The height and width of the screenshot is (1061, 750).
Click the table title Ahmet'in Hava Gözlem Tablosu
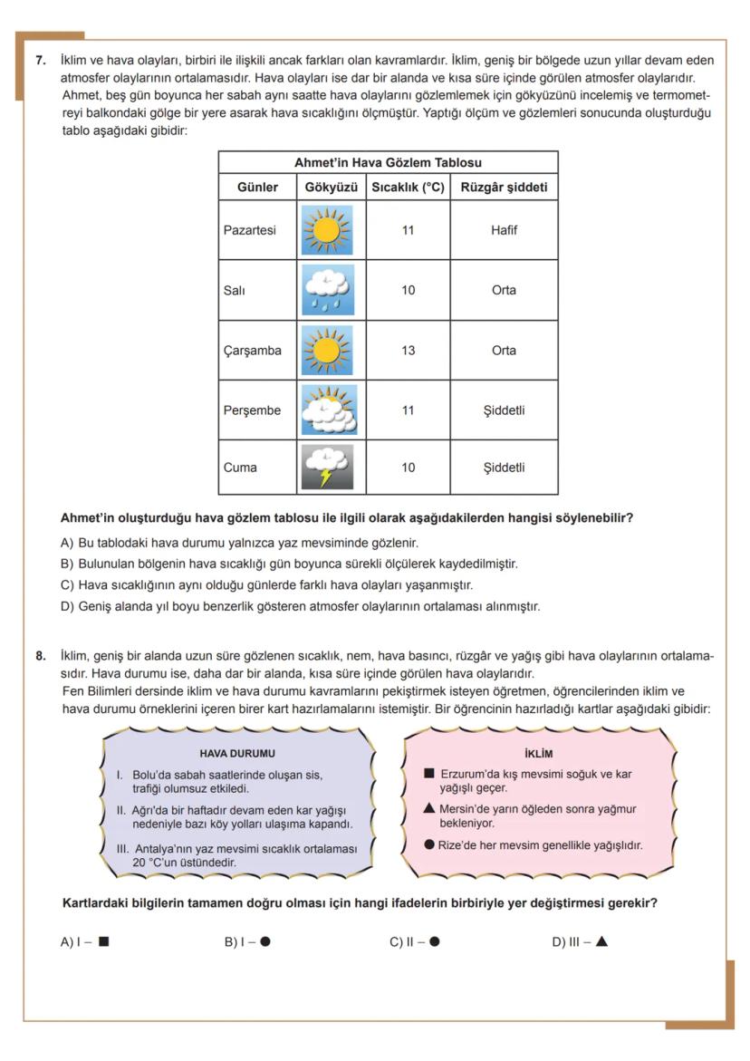pos(388,163)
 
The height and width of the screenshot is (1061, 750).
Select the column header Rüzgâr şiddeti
pos(504,188)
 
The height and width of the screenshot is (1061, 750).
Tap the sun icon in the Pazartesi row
pos(327,230)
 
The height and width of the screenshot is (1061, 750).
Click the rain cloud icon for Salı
pos(327,290)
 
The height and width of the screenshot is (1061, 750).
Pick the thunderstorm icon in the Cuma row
pos(327,468)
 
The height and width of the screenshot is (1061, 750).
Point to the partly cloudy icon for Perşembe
pos(327,410)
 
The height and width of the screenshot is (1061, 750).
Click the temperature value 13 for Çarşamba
pos(408,351)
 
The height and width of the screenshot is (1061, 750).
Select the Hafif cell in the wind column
pos(504,230)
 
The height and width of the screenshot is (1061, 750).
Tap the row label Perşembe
pos(252,410)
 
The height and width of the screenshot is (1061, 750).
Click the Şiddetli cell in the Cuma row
pos(504,468)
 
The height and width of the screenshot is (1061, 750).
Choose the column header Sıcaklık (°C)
pos(408,188)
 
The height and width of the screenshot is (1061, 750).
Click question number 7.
pos(41,61)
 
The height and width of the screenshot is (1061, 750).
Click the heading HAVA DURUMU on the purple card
pos(237,753)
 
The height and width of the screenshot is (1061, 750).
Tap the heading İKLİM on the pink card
pos(538,753)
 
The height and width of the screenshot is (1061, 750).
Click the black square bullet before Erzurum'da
pos(429,774)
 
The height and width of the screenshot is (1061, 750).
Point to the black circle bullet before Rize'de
pos(429,844)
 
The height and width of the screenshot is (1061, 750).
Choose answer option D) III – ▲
pos(580,941)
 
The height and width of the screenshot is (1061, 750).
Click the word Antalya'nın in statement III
pos(163,849)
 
